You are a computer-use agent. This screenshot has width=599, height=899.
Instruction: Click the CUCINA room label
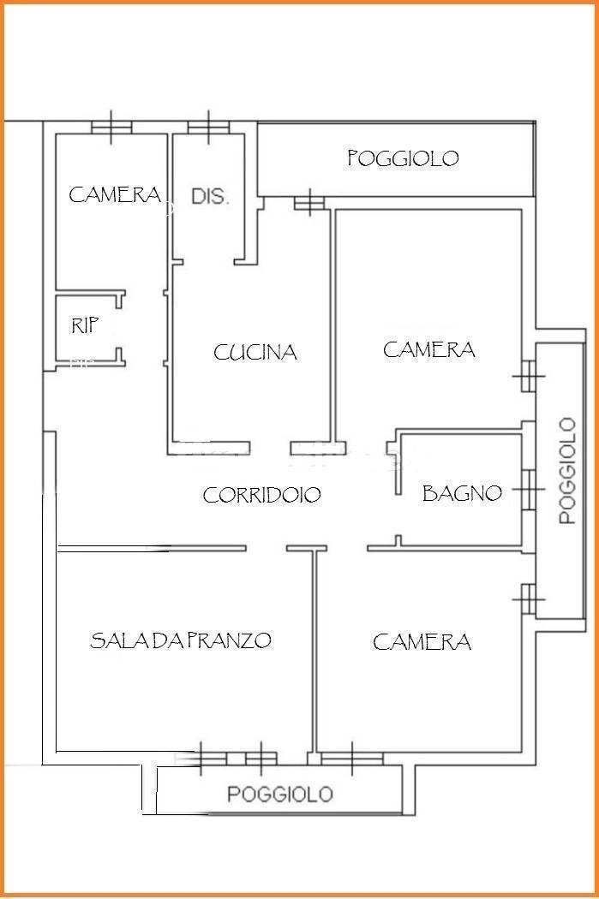tap(255, 352)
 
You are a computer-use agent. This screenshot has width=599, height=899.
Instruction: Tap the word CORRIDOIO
tap(261, 494)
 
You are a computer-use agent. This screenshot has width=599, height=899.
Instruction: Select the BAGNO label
tap(462, 492)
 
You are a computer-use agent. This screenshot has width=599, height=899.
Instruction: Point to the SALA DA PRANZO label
tap(181, 640)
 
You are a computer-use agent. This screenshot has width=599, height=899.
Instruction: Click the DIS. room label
tap(210, 197)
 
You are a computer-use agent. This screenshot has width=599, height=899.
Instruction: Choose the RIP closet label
tap(85, 325)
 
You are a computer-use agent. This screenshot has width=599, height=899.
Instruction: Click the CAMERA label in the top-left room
tap(115, 195)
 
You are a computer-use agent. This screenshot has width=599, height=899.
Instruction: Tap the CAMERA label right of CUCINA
tap(429, 349)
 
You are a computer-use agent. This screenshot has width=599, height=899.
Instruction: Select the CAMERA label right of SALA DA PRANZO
tap(422, 641)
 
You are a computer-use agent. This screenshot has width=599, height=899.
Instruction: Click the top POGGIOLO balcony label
tap(404, 158)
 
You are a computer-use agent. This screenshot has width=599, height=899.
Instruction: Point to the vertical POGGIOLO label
tap(567, 471)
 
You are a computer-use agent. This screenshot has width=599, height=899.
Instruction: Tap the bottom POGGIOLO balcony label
tap(280, 794)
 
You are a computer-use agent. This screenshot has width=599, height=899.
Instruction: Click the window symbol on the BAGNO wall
tap(529, 490)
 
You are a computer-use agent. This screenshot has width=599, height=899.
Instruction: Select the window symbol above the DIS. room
tap(208, 128)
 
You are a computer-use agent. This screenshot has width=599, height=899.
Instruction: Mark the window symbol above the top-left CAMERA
tap(111, 128)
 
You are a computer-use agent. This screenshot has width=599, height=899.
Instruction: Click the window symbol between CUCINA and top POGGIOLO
tap(309, 202)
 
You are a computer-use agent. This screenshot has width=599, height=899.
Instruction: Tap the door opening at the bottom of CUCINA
tap(270, 448)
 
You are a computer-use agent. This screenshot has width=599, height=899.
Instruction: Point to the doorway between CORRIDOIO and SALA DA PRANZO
tap(267, 549)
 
